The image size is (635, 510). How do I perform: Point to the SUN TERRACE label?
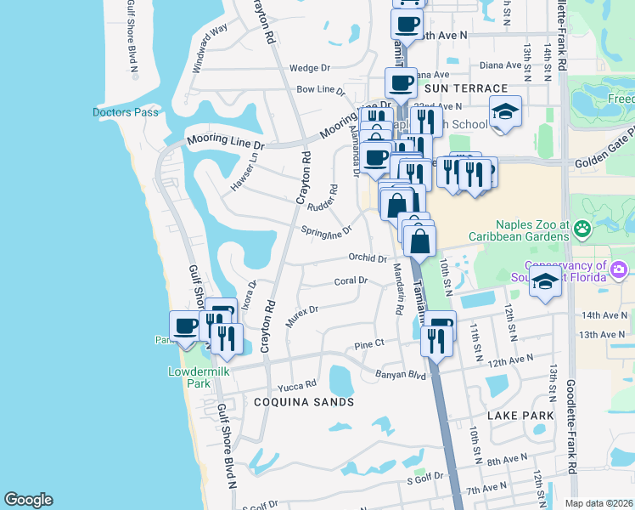(465, 88)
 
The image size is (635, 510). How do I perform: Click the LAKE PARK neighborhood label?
(520, 416)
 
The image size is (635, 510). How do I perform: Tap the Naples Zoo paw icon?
(582, 228)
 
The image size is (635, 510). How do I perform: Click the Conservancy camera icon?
(619, 269)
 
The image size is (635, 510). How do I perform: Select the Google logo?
(28, 500)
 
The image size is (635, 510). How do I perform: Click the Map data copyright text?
(598, 503)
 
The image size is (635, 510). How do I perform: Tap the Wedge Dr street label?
(309, 68)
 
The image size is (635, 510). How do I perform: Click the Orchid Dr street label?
(368, 258)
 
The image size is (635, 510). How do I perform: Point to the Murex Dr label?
(301, 316)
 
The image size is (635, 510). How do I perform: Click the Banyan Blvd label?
(400, 374)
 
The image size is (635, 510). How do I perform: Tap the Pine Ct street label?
(369, 344)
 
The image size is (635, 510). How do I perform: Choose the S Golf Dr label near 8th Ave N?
(420, 481)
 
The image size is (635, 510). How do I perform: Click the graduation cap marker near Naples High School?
(505, 110)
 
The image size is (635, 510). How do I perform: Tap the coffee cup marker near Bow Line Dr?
(401, 83)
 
